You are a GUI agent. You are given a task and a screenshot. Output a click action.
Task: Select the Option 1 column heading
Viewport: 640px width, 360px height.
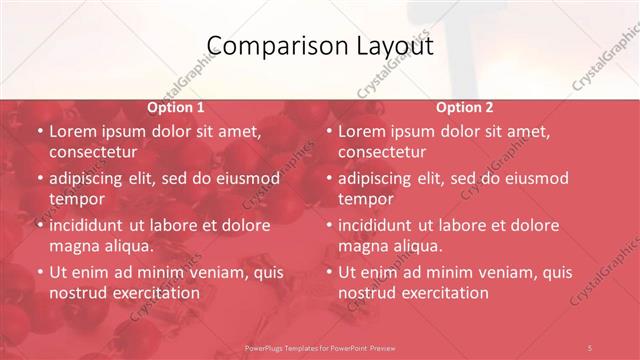(176, 107)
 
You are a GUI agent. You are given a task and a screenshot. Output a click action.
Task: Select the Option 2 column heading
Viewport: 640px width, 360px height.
(465, 107)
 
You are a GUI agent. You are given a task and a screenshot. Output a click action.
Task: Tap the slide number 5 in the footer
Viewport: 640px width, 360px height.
(590, 347)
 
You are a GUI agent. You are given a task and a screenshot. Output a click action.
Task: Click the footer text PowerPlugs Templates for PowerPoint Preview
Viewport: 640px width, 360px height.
(320, 347)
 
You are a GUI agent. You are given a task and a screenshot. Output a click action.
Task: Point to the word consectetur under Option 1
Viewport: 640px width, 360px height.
(92, 152)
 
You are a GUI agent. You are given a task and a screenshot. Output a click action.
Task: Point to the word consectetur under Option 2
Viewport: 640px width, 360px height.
(381, 152)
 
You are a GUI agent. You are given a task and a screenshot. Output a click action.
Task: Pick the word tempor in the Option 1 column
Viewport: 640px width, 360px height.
(77, 199)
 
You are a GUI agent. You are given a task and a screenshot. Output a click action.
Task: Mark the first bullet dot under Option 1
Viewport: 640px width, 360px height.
(39, 132)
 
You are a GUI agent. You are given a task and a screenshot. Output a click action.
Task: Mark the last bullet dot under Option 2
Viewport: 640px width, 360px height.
(328, 273)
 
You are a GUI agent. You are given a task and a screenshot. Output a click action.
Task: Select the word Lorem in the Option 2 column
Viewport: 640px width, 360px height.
(364, 131)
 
